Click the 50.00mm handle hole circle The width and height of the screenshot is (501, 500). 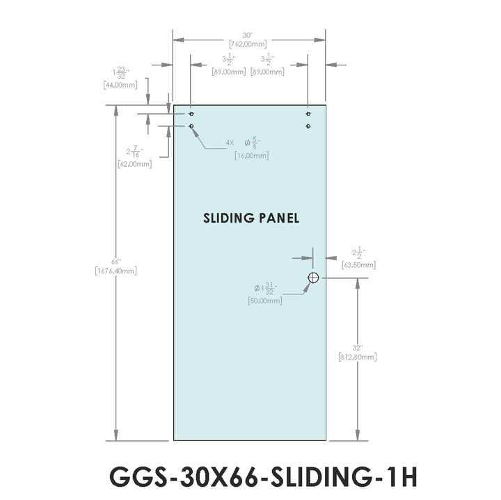coord(313,277)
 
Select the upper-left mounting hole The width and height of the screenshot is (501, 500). coord(191,113)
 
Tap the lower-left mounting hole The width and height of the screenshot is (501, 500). coord(191,126)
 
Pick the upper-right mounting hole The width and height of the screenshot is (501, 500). coord(308,113)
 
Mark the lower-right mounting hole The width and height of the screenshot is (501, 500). coord(308,126)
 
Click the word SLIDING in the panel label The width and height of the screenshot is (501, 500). coord(229,218)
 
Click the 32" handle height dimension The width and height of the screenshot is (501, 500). coord(358,347)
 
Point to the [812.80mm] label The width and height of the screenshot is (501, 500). coord(358,357)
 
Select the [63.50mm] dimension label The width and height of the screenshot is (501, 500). coord(359,265)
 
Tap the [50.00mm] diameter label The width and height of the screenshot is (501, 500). coord(265,300)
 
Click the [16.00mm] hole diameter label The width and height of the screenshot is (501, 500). coord(251,156)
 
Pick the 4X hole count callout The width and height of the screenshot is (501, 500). coord(230,143)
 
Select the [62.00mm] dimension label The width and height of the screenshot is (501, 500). coord(134,164)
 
